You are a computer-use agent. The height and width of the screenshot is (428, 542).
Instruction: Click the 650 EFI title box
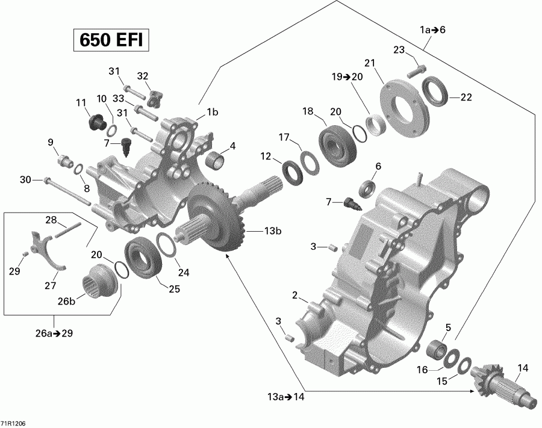pyautogui.click(x=110, y=41)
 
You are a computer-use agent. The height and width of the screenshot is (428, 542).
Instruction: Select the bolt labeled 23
pyautogui.click(x=416, y=72)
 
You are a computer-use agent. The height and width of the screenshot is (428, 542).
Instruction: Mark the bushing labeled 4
pyautogui.click(x=216, y=161)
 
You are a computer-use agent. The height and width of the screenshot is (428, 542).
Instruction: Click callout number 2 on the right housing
pyautogui.click(x=295, y=295)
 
